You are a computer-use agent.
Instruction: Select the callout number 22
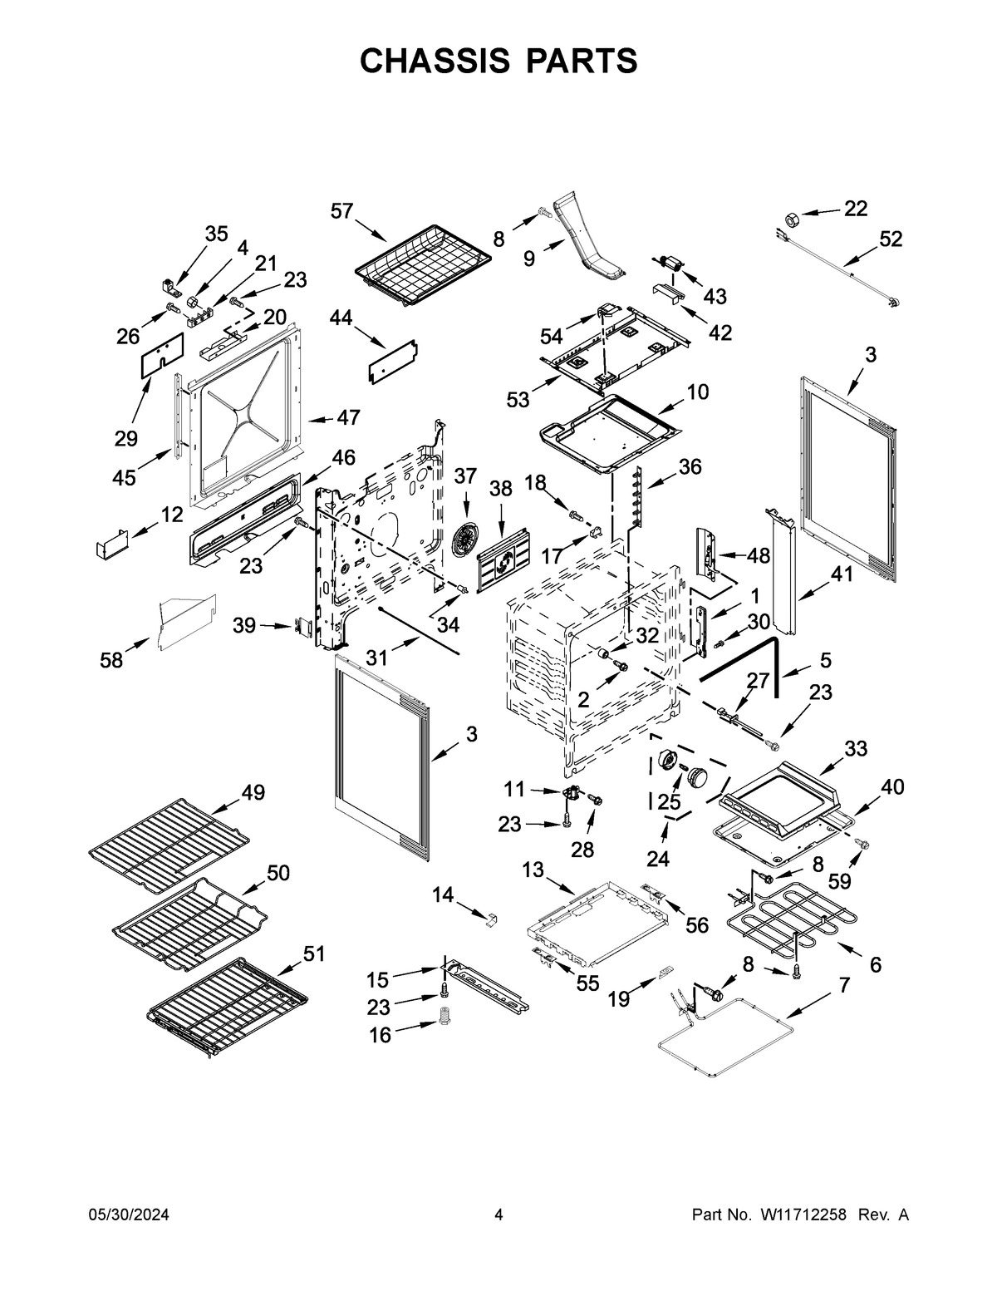[x=855, y=209]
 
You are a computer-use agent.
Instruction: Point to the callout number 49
[x=253, y=792]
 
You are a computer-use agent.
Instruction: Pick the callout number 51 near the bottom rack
[x=312, y=953]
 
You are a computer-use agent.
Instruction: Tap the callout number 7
[x=844, y=985]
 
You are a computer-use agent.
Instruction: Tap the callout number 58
[x=111, y=660]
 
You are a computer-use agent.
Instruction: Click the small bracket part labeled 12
[x=111, y=544]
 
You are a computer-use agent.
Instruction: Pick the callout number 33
[x=856, y=748]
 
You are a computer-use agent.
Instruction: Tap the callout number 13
[x=533, y=870]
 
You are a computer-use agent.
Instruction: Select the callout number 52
[x=890, y=239]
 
